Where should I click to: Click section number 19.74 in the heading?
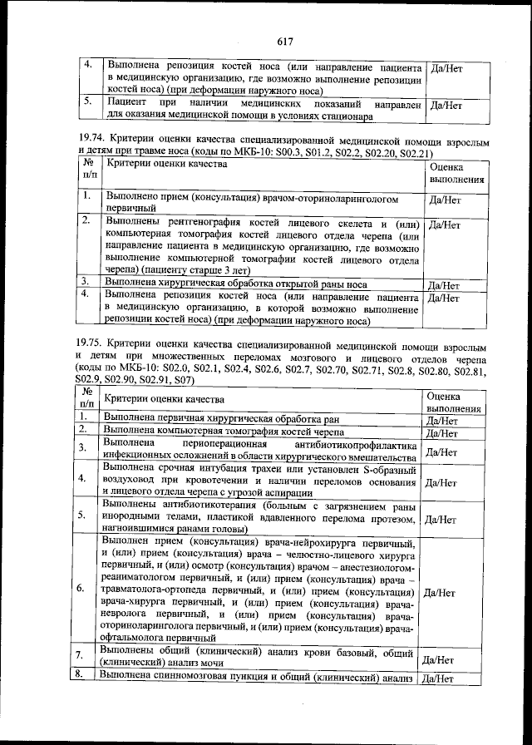tap(89, 142)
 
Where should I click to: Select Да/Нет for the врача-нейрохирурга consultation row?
tap(441, 593)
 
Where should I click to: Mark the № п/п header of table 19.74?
tap(89, 172)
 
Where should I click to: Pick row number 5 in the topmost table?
tap(87, 103)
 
